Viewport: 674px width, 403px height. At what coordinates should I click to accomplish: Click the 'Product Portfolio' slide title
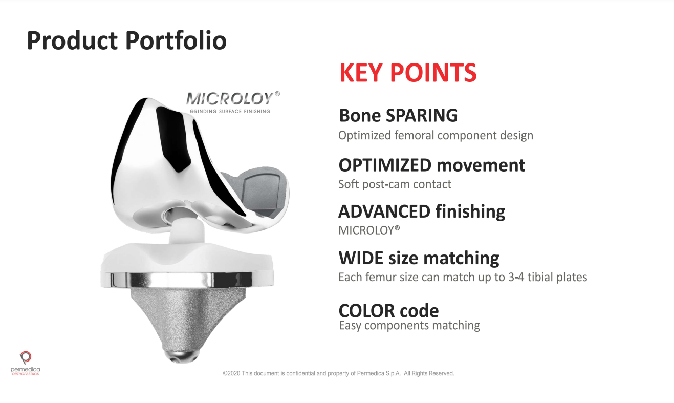click(x=127, y=40)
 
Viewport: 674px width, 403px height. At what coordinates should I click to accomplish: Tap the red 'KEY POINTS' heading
click(x=408, y=73)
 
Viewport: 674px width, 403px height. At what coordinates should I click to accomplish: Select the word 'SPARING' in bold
click(x=422, y=115)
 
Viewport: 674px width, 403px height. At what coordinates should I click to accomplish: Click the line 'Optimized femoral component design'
click(x=436, y=135)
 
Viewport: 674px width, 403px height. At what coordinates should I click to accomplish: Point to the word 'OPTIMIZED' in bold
click(x=385, y=165)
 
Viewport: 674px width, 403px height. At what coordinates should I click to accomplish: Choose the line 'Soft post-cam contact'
click(x=395, y=184)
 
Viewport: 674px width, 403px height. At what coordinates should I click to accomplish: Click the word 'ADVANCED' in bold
click(x=384, y=211)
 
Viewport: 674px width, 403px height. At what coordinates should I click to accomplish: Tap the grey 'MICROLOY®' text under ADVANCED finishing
click(x=369, y=230)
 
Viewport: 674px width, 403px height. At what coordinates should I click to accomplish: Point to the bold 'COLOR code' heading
click(x=389, y=311)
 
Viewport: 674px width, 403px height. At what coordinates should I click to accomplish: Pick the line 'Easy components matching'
click(x=409, y=326)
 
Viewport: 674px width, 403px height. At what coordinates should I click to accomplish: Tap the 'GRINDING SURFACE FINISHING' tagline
click(x=230, y=111)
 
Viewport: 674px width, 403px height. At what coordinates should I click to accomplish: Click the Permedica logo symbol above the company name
click(x=26, y=357)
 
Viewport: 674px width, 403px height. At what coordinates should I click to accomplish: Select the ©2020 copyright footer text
click(x=338, y=373)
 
